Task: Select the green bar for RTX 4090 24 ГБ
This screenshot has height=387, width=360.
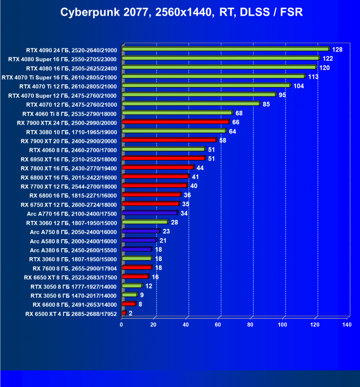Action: coord(225,49)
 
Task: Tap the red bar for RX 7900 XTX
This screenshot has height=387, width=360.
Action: coord(175,122)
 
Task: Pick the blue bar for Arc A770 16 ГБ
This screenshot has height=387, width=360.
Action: coord(150,213)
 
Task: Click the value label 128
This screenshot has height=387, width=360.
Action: coord(337,49)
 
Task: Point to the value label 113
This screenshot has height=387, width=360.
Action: coord(313,76)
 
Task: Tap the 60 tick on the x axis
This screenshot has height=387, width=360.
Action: coord(218,325)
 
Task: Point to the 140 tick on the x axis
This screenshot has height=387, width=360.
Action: coord(346,325)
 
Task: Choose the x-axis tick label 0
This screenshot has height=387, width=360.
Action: coord(122,325)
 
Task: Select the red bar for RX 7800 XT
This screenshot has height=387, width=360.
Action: coord(158,167)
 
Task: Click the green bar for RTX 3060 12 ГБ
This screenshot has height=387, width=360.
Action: coord(145,222)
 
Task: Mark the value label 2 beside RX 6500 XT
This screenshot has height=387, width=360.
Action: coord(130,313)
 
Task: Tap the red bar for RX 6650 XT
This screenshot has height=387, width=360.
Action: coord(135,277)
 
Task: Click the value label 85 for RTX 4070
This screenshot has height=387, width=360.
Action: coord(266,104)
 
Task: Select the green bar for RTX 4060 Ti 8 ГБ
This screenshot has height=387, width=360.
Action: coord(177,113)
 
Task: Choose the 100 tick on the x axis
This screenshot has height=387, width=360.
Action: coord(282,325)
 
